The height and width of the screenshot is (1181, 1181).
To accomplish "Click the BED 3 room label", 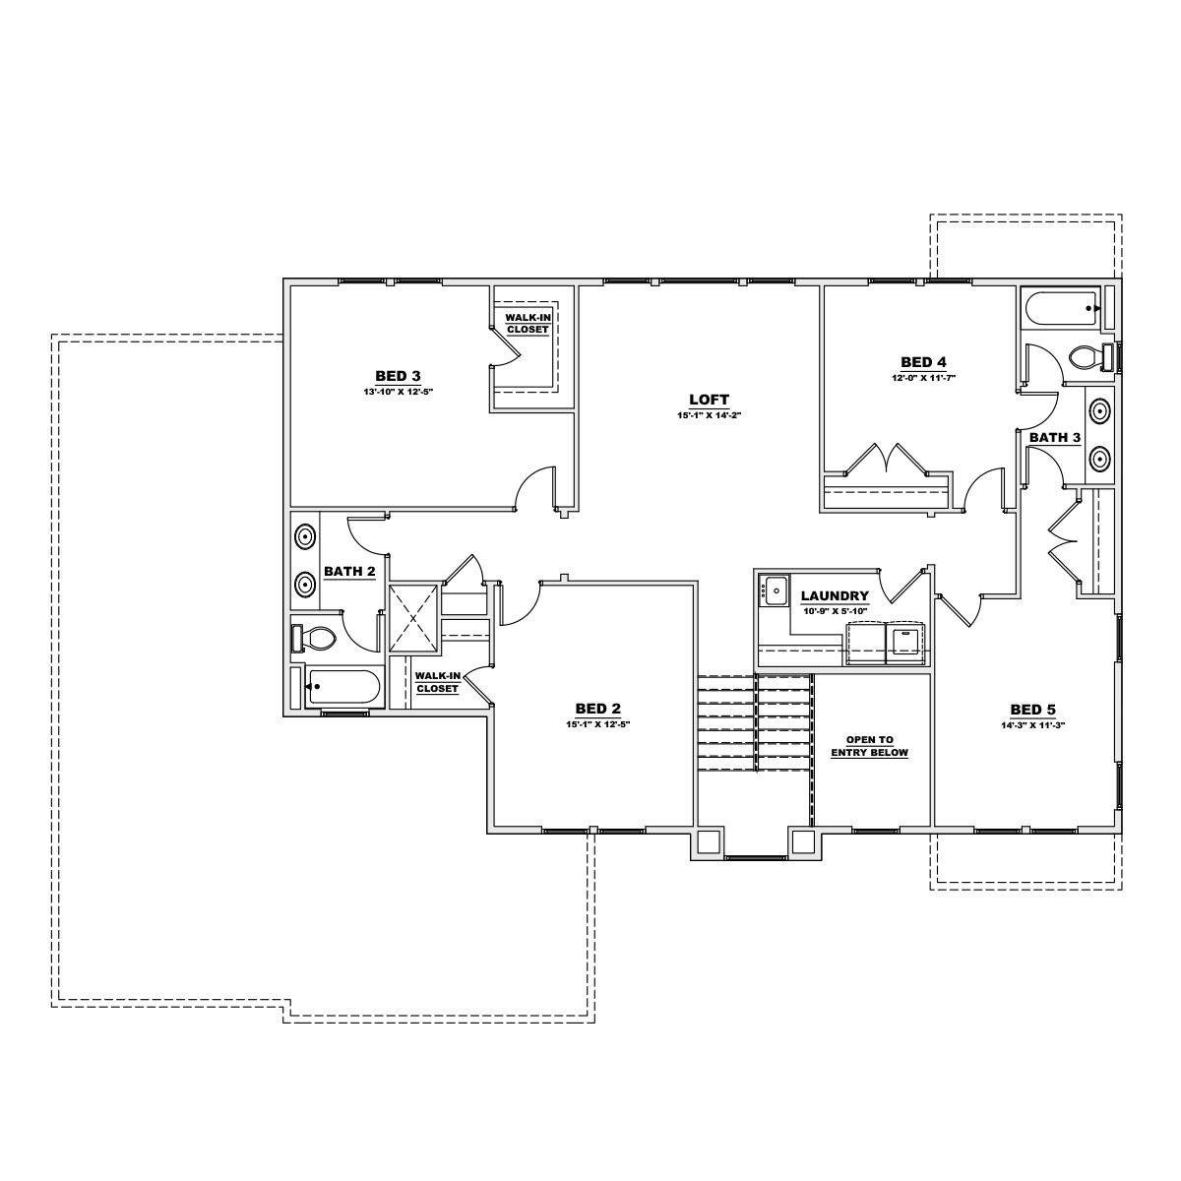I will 398,375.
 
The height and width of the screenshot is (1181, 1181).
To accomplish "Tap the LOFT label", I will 709,399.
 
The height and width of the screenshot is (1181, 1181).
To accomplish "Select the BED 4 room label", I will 923,361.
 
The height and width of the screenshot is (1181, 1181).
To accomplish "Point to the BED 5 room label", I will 1032,709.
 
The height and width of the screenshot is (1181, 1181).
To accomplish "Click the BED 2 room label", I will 597,708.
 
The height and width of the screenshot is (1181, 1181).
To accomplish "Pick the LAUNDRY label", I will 835,595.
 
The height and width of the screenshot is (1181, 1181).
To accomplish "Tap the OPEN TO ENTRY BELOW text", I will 869,746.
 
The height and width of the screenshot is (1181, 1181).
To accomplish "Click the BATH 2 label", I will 349,571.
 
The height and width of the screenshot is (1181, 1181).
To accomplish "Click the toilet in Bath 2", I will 315,639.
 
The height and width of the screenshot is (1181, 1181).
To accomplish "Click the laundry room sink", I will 775,591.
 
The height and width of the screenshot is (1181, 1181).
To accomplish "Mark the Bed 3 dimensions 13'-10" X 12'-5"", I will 398,391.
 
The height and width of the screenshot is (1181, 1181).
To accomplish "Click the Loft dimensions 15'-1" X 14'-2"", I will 709,414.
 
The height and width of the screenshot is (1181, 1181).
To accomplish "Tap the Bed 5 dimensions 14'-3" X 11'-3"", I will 1032,724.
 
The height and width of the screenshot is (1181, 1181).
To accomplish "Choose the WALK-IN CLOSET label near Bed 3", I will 528,324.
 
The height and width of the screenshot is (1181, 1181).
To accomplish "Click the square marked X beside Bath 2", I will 413,619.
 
